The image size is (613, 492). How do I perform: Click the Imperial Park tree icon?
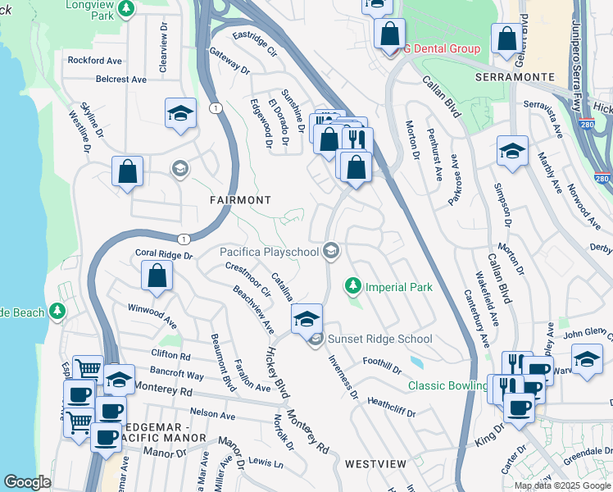353,285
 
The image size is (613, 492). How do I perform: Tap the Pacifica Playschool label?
269,252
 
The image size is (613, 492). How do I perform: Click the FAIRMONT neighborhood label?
240,199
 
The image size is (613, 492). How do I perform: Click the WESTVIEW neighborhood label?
375,463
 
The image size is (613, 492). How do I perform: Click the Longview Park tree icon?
125,9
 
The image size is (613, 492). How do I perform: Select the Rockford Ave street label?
95,60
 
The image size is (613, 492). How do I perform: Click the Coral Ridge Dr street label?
163,255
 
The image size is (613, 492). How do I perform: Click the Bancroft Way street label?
178,375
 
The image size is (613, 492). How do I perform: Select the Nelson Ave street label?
212,412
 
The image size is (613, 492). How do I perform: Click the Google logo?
27,482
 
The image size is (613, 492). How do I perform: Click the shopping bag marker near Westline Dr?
127,171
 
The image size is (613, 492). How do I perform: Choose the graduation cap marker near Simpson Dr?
512,150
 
